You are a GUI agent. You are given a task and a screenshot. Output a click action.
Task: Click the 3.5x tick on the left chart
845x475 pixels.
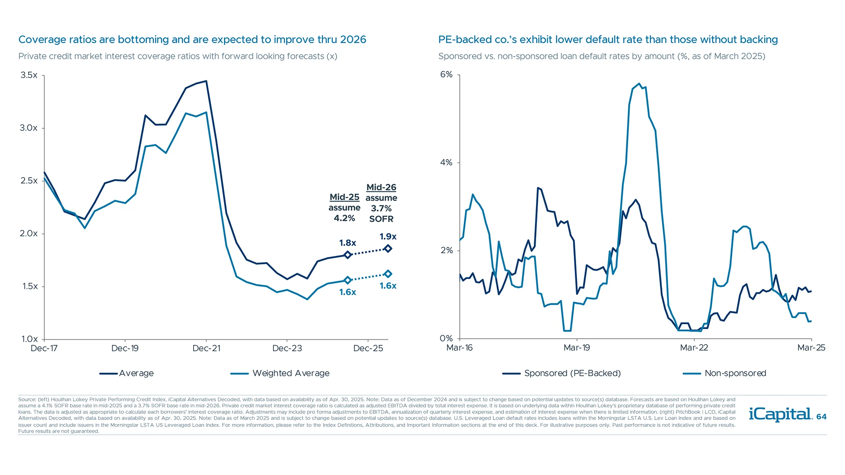click(x=29, y=75)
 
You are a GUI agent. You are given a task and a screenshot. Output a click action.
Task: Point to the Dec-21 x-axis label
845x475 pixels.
click(x=206, y=348)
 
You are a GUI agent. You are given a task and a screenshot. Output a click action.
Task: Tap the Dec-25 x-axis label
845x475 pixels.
click(x=368, y=348)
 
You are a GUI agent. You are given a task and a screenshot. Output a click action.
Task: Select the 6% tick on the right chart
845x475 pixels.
click(x=446, y=74)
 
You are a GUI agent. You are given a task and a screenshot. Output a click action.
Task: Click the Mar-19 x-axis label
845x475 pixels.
click(x=577, y=348)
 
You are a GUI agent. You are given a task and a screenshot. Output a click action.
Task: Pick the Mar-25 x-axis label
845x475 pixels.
click(x=811, y=348)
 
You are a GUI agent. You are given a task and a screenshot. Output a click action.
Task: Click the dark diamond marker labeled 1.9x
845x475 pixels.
click(x=388, y=248)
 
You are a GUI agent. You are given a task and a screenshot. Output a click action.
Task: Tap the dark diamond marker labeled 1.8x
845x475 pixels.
click(x=348, y=255)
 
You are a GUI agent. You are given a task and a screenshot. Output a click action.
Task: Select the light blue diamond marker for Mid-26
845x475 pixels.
click(x=388, y=274)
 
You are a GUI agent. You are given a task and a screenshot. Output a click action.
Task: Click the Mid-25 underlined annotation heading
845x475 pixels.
click(x=344, y=197)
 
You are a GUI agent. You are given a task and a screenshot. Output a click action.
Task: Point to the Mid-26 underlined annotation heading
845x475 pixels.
click(x=381, y=187)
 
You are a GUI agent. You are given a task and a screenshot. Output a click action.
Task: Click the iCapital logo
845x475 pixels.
click(x=780, y=414)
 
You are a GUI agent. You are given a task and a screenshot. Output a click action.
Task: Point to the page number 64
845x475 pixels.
click(x=821, y=417)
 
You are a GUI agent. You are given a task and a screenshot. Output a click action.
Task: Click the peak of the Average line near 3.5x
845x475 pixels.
click(x=206, y=81)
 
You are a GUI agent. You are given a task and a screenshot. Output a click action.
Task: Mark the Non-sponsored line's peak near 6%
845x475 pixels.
click(x=639, y=84)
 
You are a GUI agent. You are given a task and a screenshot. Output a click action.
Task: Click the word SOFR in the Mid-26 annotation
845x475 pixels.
click(x=381, y=219)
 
